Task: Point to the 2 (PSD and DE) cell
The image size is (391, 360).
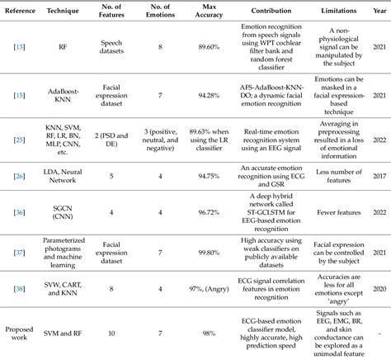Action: tap(114, 141)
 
